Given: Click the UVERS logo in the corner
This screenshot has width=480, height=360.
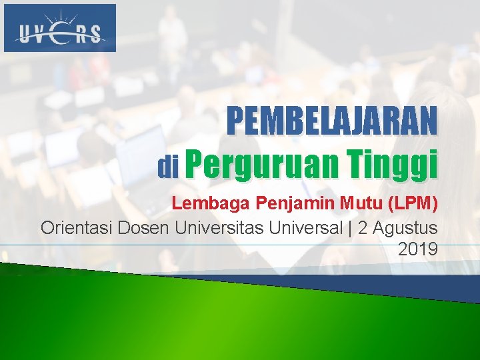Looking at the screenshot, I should [60, 28].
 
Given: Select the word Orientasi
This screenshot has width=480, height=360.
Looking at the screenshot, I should [77, 227].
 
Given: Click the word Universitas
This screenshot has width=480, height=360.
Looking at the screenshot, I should [219, 227].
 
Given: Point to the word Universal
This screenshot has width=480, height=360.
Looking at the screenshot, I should [305, 227].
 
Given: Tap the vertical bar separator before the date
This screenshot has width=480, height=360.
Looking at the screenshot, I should [350, 227].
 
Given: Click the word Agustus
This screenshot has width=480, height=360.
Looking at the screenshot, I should [406, 227].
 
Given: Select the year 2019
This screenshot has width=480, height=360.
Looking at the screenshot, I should [417, 250].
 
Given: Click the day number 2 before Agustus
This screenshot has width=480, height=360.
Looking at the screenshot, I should [363, 227].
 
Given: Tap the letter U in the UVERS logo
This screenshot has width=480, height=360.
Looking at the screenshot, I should [23, 33].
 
